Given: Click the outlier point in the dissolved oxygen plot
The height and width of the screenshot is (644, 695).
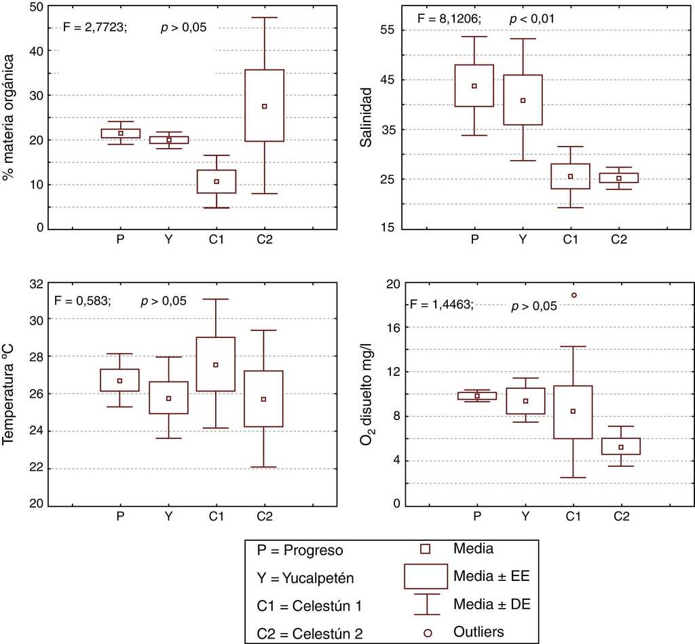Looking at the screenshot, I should (574, 295).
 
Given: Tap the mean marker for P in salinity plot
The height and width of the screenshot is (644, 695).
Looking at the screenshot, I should (474, 86).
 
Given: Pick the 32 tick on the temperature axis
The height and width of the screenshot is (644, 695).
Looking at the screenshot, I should (33, 283).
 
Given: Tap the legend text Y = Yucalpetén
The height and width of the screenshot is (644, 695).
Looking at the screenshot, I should (305, 578).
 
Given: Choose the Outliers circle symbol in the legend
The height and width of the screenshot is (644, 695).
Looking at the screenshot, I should (427, 632).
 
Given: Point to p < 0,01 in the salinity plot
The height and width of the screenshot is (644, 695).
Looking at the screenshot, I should (532, 19).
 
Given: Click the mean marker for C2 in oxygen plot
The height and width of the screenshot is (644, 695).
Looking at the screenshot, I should (621, 447).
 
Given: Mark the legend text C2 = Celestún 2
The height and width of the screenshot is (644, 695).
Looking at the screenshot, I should (310, 634).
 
